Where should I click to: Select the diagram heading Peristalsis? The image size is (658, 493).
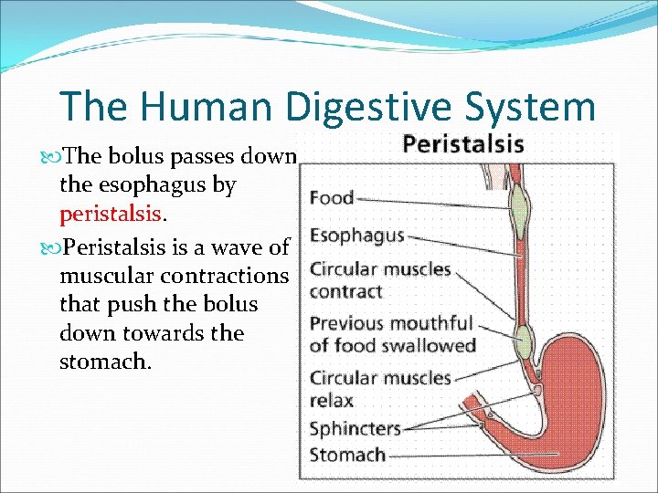point(463,144)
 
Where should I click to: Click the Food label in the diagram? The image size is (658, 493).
point(332,197)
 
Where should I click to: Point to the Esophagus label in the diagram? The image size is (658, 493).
point(356,235)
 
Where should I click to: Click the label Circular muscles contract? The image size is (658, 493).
point(379,280)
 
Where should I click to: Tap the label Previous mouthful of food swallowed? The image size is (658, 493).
point(392,334)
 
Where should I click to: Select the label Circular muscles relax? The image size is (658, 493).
point(379,388)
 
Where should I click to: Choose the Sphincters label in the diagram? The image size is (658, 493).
point(355,427)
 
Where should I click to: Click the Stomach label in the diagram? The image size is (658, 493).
point(347,454)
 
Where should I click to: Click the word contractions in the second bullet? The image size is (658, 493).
point(228,275)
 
